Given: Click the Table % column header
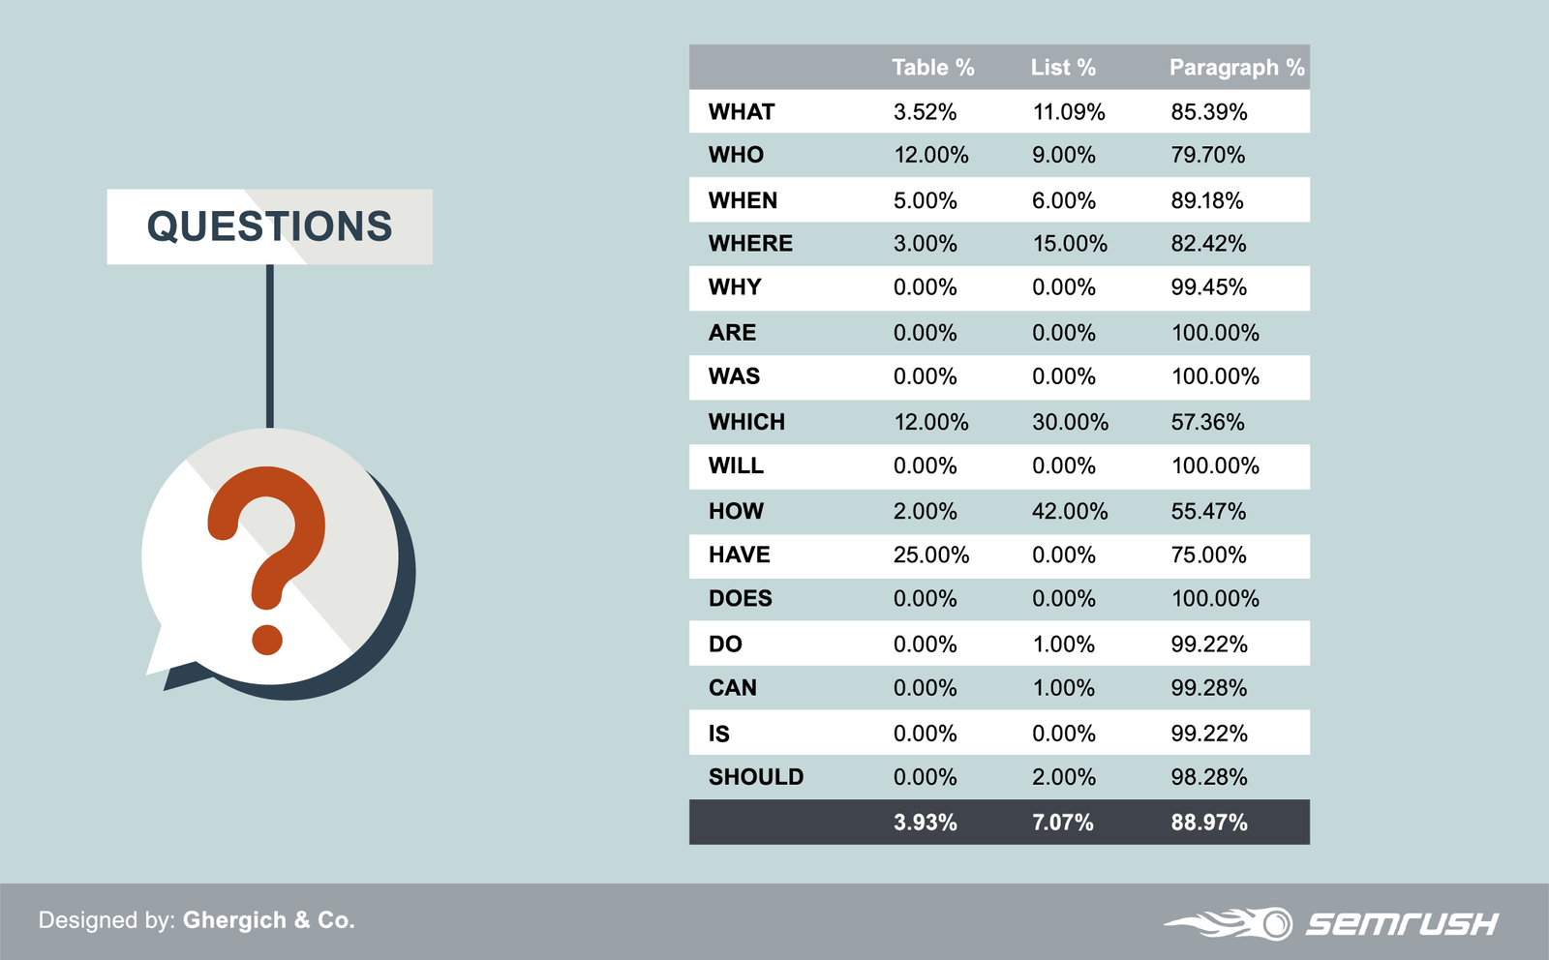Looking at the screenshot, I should click(x=932, y=68).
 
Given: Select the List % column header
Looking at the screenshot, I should click(x=1063, y=68).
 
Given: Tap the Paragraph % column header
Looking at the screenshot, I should click(x=1236, y=68).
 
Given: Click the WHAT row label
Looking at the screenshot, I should click(x=742, y=112).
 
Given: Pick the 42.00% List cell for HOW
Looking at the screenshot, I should click(x=1069, y=511).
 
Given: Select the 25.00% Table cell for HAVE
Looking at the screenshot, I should click(x=930, y=555).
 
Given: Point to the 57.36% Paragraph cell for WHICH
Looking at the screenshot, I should click(x=1207, y=422).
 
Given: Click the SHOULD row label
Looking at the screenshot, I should click(x=756, y=777).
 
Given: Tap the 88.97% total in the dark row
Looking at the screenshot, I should click(x=1208, y=823).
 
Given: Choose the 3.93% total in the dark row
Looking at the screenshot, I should click(x=925, y=823).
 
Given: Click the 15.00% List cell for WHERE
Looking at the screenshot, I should click(x=1069, y=244).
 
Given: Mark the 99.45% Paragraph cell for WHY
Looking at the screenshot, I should click(x=1208, y=287).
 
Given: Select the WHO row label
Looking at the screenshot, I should click(x=736, y=155).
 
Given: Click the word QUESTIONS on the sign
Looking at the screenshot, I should click(x=269, y=227).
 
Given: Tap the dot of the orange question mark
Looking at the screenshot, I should click(x=267, y=639).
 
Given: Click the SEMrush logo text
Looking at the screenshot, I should click(x=1401, y=924).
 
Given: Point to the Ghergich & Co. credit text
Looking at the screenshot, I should click(x=269, y=920).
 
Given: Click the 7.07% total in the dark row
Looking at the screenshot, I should click(x=1062, y=823).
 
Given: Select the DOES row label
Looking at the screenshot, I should click(x=740, y=599).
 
